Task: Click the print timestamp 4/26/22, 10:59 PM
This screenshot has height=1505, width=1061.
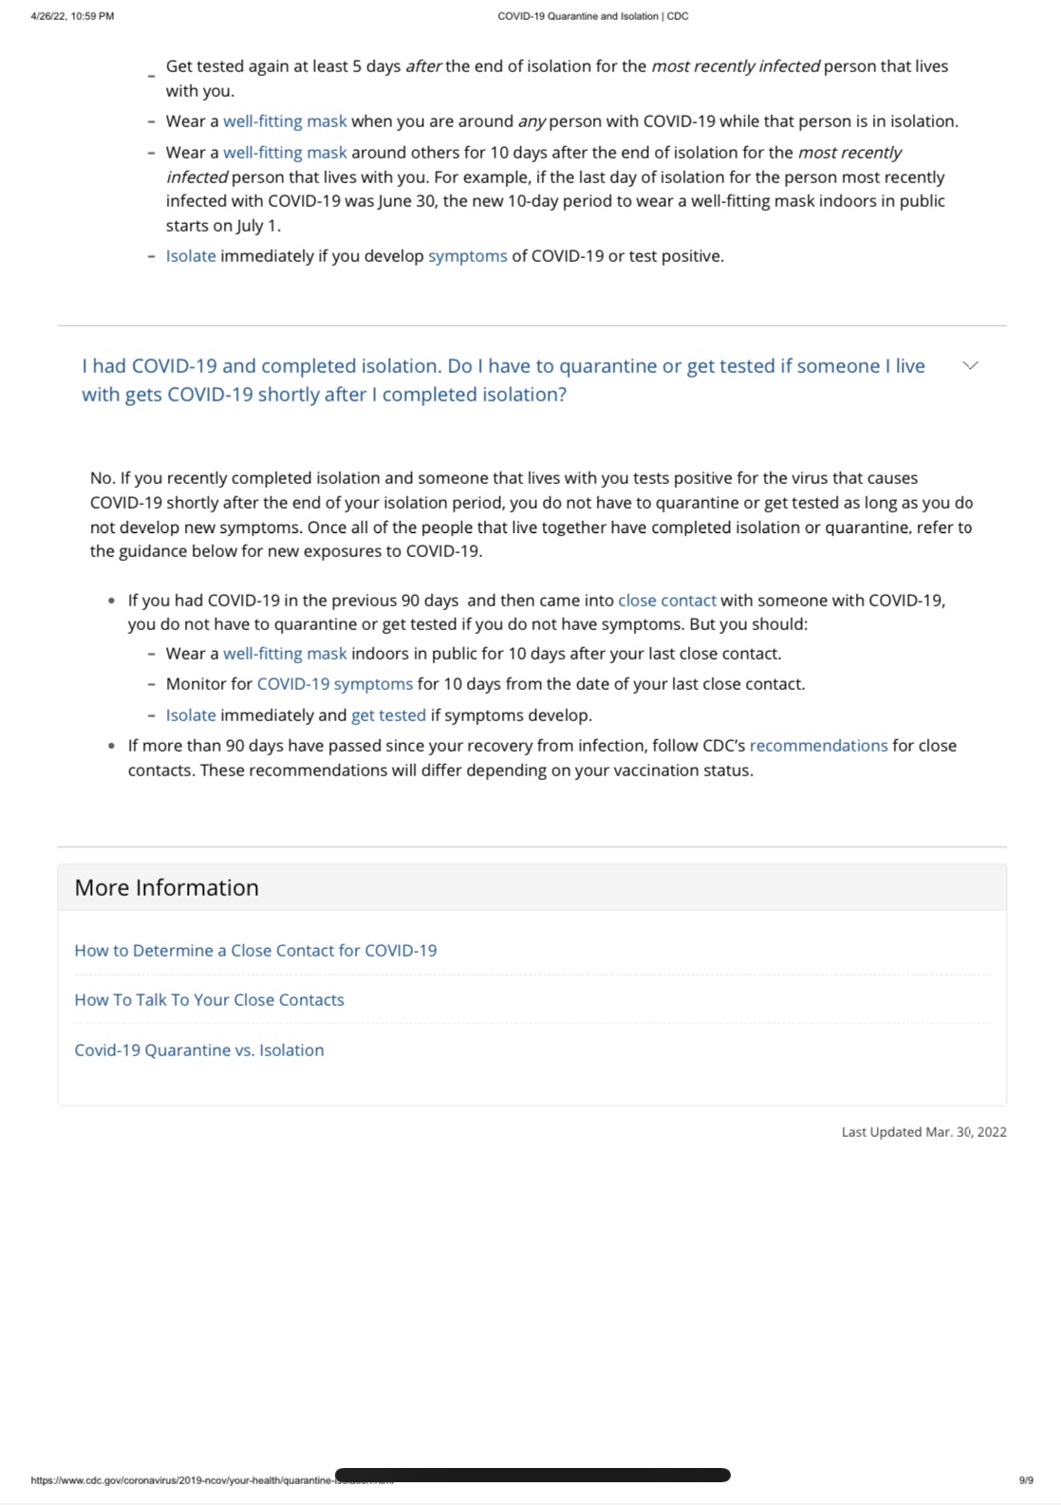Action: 72,16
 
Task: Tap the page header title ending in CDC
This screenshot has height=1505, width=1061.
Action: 592,16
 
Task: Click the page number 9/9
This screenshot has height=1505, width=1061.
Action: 1026,1479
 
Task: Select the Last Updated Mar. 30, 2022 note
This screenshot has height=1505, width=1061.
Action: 923,1131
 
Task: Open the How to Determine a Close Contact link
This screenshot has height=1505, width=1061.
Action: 255,950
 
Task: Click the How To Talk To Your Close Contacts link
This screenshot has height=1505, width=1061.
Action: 209,999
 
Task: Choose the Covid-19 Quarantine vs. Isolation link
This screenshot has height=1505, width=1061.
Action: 198,1050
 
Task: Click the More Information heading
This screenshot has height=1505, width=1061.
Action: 166,887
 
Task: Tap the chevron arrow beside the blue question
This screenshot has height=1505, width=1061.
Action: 970,365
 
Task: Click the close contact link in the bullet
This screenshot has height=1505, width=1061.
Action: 666,600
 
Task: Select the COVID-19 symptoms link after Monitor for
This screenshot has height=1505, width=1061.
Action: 334,683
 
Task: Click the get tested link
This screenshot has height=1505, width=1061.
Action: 388,715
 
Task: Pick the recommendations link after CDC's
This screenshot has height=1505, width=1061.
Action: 818,745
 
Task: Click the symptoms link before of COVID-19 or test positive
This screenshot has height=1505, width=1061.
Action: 467,255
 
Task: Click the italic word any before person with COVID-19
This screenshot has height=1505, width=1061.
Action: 531,121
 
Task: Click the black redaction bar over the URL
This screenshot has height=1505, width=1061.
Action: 532,1475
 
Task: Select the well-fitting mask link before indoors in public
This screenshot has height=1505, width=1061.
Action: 285,653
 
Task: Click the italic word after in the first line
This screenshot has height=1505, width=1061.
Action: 423,66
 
